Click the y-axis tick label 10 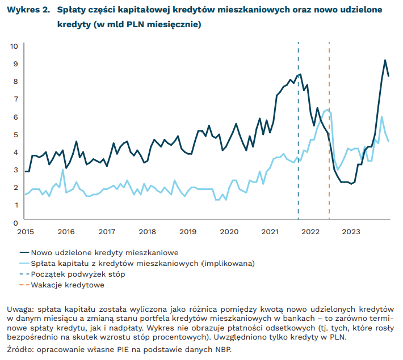tap(14, 46)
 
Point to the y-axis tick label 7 tap(15, 99)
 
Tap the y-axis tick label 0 tap(15, 223)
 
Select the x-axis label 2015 tap(25, 232)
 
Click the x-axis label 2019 tap(188, 232)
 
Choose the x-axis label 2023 tap(351, 232)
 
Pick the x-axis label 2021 tap(270, 232)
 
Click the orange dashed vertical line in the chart tap(329, 170)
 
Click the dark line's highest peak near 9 tap(385, 60)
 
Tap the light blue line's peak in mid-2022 tap(327, 111)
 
